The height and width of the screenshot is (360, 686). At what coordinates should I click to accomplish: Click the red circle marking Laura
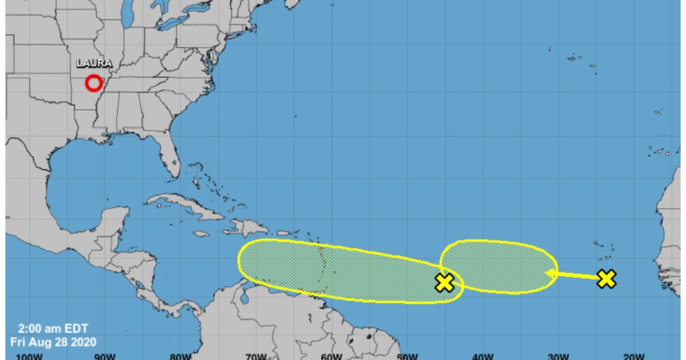94,83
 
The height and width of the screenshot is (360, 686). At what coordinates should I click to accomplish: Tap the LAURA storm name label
94,63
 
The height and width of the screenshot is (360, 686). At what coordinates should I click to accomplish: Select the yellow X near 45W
444,282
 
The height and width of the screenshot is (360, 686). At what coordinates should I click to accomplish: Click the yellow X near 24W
606,279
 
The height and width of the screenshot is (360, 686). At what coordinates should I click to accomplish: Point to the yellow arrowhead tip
547,273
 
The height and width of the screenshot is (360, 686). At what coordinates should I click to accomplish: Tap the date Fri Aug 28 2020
53,342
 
